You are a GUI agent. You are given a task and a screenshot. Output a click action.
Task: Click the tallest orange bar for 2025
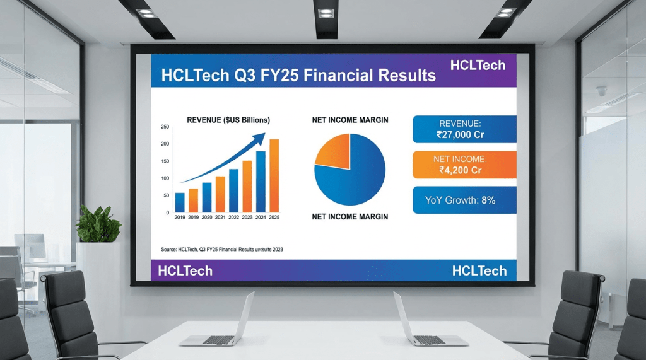[x=274, y=176]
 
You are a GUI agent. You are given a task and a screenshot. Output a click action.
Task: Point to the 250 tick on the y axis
[x=165, y=127]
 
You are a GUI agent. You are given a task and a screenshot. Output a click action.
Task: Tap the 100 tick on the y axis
[x=165, y=178]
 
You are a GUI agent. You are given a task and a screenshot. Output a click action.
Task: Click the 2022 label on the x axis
[x=233, y=218]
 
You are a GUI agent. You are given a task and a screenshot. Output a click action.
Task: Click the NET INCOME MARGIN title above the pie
[x=350, y=120]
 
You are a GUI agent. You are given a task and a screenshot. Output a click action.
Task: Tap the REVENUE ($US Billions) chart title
[x=228, y=120]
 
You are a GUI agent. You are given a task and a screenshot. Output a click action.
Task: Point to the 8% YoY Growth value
[x=488, y=200]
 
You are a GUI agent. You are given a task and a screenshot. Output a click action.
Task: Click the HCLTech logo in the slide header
[x=478, y=65]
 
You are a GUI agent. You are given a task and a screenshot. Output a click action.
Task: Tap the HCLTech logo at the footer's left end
[x=185, y=271]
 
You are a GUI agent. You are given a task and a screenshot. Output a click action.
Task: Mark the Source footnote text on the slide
[x=221, y=250]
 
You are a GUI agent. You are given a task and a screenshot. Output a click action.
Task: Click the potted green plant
[x=98, y=224]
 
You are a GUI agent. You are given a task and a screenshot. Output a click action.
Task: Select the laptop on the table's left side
[x=218, y=322]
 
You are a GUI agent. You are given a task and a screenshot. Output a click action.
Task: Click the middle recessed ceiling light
[x=326, y=13]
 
